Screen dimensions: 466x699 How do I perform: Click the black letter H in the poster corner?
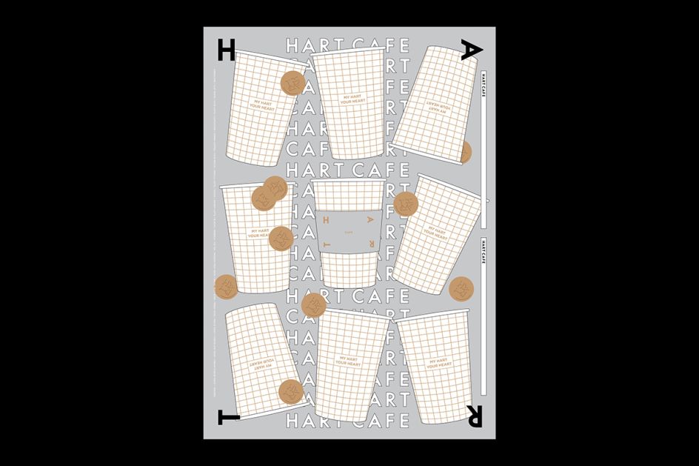click(227, 50)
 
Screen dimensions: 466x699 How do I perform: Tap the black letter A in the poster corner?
click(472, 50)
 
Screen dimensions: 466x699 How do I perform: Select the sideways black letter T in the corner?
click(227, 417)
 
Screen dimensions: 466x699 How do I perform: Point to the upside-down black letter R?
click(472, 416)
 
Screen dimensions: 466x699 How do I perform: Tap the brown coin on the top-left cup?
click(293, 83)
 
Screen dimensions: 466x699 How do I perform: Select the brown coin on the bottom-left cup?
click(291, 392)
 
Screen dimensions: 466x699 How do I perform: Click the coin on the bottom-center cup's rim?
click(314, 304)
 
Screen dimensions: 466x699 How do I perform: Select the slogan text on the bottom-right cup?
click(438, 364)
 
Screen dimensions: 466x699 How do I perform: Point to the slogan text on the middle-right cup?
click(434, 235)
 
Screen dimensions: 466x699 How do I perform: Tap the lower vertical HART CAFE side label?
click(483, 253)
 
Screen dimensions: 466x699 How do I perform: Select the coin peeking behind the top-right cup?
click(465, 153)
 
